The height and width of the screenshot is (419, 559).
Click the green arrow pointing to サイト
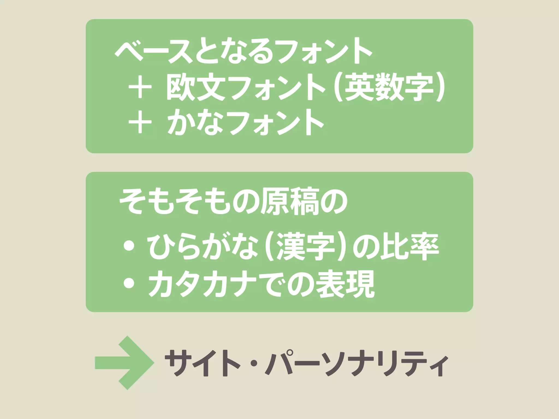point(124,363)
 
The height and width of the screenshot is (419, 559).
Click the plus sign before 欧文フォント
point(140,87)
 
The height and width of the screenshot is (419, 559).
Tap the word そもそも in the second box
point(175,202)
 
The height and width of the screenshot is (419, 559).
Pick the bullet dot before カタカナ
point(129,284)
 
